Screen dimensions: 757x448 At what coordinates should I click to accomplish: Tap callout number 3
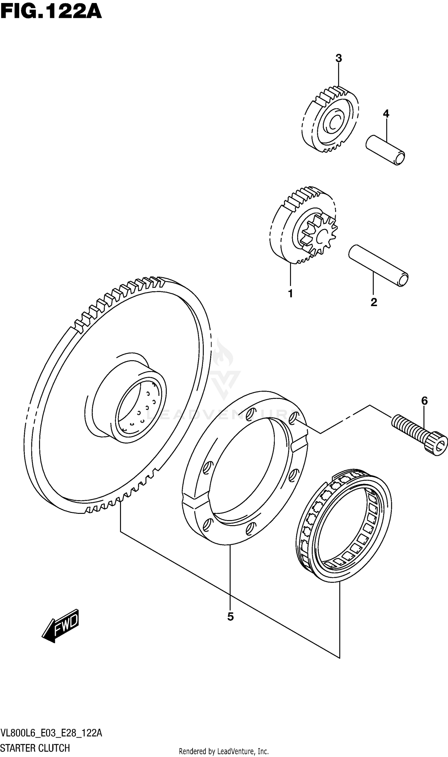(338, 58)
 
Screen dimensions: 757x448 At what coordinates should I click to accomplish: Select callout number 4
(386, 114)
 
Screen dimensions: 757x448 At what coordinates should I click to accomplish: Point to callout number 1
(290, 293)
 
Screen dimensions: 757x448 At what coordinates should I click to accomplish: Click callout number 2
(374, 302)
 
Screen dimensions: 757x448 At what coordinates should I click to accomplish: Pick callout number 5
(230, 617)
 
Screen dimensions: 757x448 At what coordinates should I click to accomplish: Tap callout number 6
(424, 401)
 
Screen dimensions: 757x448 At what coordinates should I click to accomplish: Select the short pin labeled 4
(385, 150)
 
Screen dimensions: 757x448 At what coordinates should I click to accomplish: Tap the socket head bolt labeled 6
(420, 433)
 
